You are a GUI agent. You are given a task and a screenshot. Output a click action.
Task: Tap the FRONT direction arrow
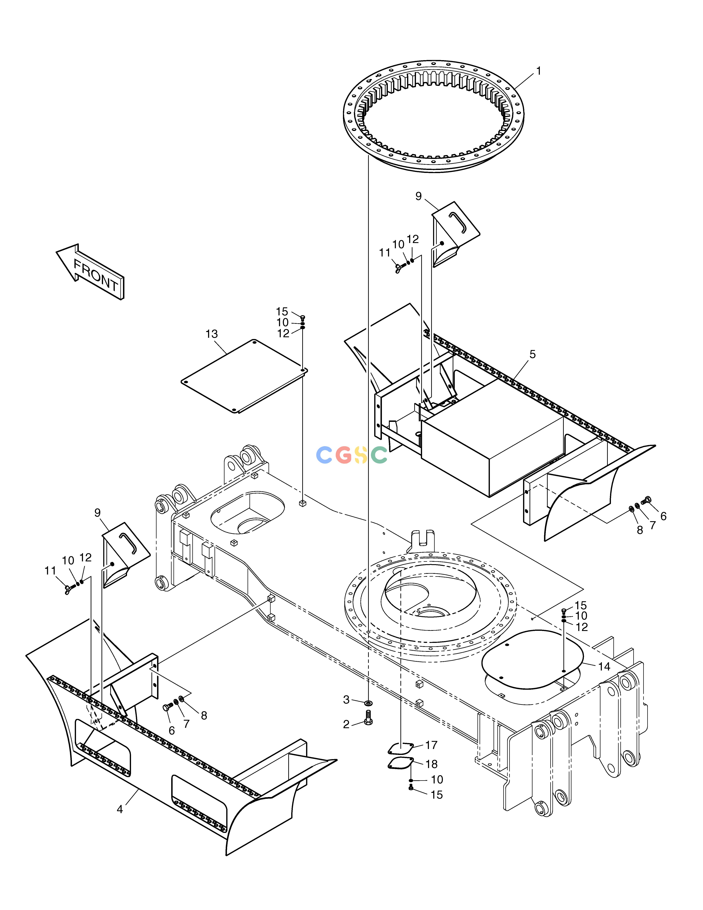[x=90, y=272]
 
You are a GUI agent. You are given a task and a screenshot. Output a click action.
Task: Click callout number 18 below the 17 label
[x=432, y=764]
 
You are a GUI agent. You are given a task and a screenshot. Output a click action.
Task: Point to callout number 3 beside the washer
[x=346, y=700]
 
